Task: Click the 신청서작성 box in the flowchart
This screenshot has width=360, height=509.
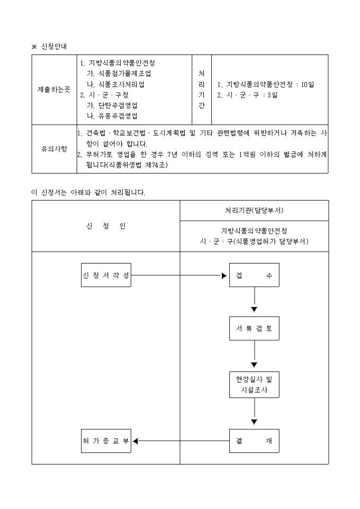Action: click(x=106, y=275)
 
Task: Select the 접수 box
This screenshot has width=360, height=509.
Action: click(x=254, y=275)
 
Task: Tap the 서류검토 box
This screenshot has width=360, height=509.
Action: click(x=254, y=328)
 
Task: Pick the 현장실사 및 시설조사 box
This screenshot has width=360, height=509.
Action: click(x=254, y=385)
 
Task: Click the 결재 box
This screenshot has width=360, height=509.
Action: click(x=254, y=441)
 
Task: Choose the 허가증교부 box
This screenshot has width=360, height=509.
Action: click(x=106, y=441)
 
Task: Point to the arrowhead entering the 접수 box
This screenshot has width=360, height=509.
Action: click(x=224, y=275)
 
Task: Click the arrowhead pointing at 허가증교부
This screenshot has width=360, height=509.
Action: click(x=136, y=441)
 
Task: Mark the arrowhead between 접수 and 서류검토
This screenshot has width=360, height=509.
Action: click(x=254, y=309)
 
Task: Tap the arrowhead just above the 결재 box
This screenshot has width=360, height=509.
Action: click(x=254, y=422)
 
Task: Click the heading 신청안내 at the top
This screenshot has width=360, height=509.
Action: click(x=54, y=47)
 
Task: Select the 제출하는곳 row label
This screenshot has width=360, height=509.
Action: click(x=54, y=89)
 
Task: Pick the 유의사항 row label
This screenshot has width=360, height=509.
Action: click(x=54, y=149)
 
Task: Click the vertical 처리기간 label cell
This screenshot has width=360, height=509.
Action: click(x=201, y=89)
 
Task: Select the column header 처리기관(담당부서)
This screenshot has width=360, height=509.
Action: click(x=254, y=210)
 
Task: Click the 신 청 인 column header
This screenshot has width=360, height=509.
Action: click(x=106, y=226)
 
